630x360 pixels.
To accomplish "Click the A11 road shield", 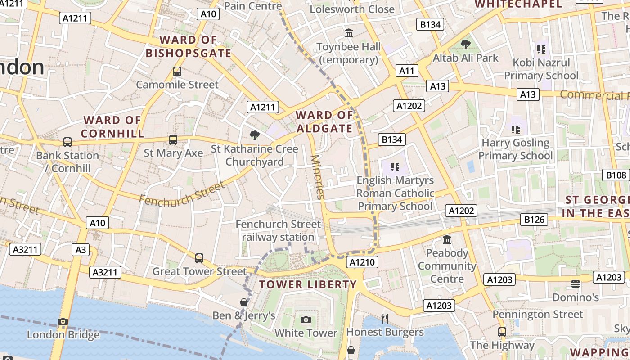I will point(407,71).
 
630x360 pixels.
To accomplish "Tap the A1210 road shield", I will point(362,262).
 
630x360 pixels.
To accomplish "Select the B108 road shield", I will point(616,175).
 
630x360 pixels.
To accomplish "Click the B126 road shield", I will point(534,220).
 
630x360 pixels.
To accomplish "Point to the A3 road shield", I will point(81,250).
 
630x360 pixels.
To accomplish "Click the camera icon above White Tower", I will point(306,319).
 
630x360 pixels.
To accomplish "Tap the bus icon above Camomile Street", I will point(177,71).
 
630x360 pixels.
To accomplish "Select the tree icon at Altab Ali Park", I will point(465,44).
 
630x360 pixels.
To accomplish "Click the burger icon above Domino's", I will point(576,284).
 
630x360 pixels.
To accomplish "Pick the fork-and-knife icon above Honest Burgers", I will point(385,319).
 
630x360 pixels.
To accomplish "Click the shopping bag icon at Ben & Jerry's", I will point(243,302).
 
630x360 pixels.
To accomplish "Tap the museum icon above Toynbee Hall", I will point(349,33).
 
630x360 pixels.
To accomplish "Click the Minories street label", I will point(317,177).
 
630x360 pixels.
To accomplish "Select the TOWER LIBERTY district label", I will point(308,284).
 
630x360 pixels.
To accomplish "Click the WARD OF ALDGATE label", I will point(324,122).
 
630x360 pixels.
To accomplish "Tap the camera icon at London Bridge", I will point(63,321).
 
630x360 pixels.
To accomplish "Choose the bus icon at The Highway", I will point(502,332).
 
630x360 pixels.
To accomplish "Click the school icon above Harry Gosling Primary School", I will point(516,130).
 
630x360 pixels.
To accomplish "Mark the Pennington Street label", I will point(538,314).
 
